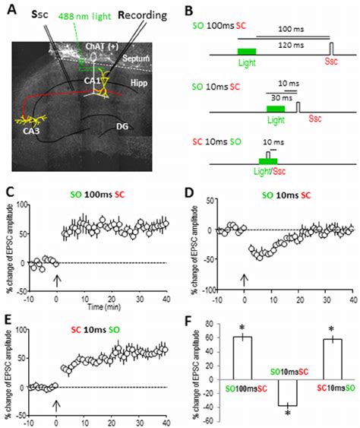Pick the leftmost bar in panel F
(242, 357)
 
